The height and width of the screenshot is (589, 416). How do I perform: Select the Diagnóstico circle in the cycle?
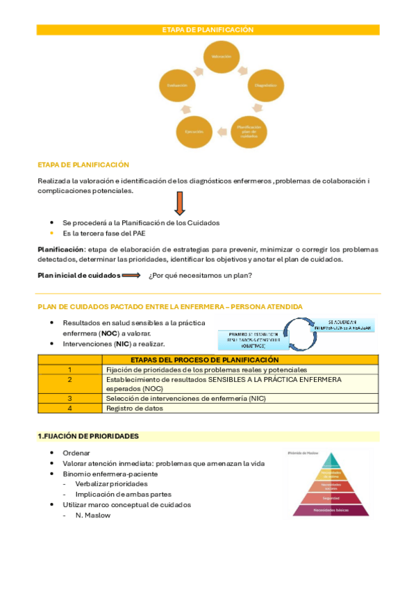[x=267, y=85]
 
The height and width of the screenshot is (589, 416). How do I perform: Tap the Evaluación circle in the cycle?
[x=177, y=85]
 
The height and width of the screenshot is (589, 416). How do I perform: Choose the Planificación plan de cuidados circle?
[x=251, y=130]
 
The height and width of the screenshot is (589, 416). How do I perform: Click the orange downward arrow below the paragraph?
[x=179, y=204]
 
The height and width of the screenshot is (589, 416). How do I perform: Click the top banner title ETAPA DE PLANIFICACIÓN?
[x=208, y=30]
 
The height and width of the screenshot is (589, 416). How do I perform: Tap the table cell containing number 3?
[x=70, y=399]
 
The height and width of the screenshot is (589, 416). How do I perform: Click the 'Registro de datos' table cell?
[x=135, y=408]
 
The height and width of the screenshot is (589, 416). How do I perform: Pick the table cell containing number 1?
[x=70, y=370]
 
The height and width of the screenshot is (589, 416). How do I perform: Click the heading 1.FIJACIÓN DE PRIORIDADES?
[x=88, y=436]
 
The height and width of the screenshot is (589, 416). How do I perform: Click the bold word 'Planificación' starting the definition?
[x=60, y=249]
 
